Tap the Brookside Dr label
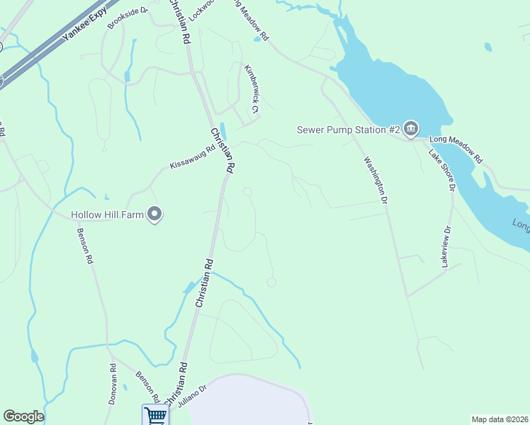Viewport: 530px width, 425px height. coord(128,18)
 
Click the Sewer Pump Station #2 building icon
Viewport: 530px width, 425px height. coord(412,128)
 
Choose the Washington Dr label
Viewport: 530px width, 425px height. coord(376,181)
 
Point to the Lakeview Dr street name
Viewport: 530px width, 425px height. coord(446,246)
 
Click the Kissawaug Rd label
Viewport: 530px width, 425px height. coord(192,157)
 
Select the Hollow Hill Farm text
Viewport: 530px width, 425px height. coord(106,214)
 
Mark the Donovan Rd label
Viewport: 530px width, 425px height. coord(113,384)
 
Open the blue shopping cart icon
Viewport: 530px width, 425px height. coord(155,415)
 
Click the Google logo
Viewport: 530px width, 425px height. coord(23,416)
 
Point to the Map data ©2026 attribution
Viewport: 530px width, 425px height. coord(500,419)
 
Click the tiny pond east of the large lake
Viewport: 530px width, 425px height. coord(488,47)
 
